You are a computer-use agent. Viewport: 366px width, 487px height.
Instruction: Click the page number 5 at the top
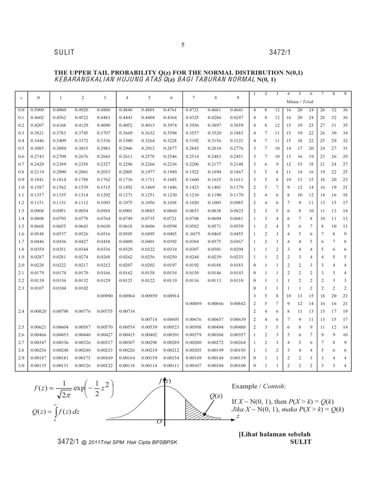click(x=183, y=45)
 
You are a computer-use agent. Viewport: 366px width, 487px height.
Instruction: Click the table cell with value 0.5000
click(x=38, y=110)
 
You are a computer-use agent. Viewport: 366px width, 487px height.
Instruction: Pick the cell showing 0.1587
click(x=38, y=187)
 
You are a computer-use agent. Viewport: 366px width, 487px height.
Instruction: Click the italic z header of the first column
click(x=21, y=97)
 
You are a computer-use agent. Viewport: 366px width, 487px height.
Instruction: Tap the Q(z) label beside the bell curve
click(x=215, y=396)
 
